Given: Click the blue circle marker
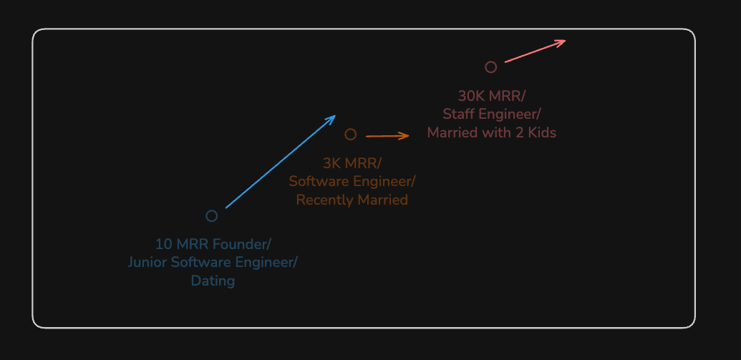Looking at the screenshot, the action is pos(212,216).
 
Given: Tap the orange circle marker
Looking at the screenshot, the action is pos(350,135).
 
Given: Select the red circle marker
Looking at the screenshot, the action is pos(490,67).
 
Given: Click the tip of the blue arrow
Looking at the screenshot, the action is pos(335,116).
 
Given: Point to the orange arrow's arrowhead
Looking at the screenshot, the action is pos(408,135).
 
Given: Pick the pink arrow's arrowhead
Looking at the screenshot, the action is pos(565,41).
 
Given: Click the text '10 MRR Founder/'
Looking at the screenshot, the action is pos(213,243).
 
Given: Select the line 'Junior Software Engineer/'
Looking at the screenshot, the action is pos(213,262).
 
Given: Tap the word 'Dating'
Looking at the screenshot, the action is pos(213,281).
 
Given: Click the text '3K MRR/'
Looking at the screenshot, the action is pos(352,162).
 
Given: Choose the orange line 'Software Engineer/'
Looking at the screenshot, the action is pos(352,181).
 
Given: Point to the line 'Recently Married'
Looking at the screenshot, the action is pos(352,200).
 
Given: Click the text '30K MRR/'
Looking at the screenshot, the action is pos(491,95).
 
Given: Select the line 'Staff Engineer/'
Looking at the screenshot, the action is pos(491,114).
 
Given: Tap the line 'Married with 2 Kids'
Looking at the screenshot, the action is pos(491,132).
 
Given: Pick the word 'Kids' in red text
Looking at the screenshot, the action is pos(541,132).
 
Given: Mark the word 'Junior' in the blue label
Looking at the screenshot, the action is pos(147,262).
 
